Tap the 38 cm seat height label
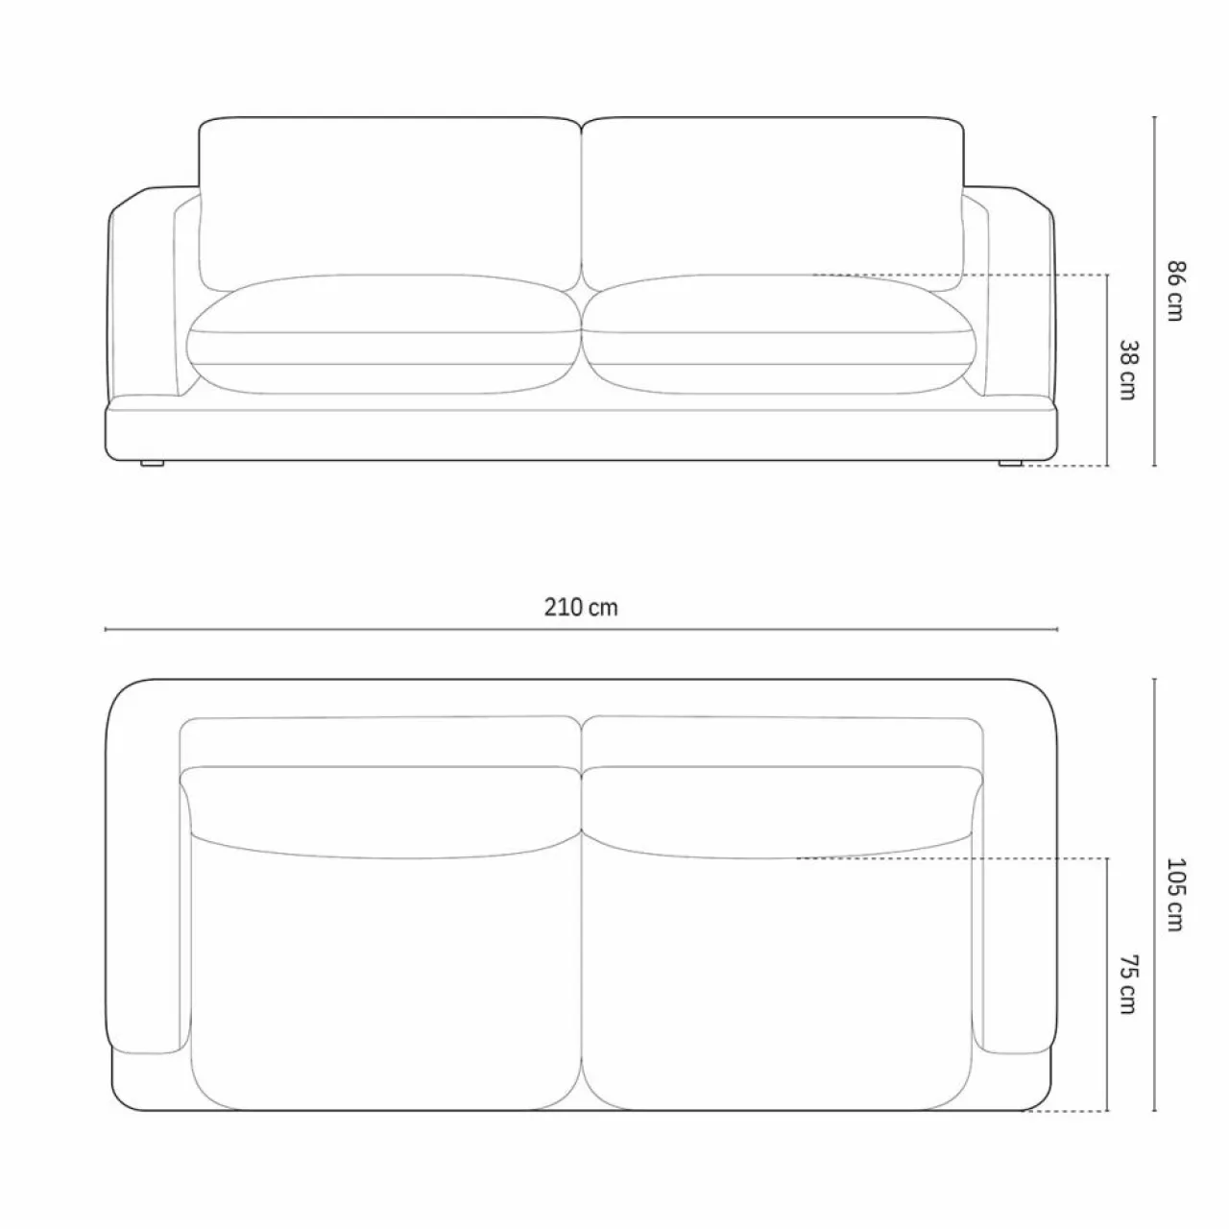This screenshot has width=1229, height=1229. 1127,371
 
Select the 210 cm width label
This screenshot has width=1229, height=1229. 580,607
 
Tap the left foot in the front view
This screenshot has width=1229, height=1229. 152,464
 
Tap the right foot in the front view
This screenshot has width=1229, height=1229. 1009,464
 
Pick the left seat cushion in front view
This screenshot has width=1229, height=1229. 384,334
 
